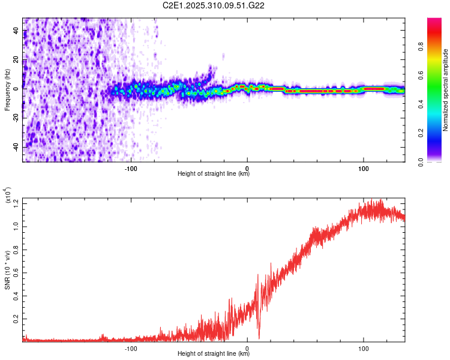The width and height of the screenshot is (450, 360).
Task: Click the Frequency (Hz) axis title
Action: (x=8, y=89)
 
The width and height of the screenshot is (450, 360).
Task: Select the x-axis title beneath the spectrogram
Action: (x=214, y=174)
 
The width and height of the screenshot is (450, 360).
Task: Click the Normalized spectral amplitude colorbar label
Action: (x=446, y=90)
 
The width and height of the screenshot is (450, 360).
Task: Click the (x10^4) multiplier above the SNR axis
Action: (x=8, y=196)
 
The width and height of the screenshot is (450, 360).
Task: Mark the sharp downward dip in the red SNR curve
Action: (x=259, y=337)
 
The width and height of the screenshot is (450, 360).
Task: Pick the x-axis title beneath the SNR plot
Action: (x=214, y=353)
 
